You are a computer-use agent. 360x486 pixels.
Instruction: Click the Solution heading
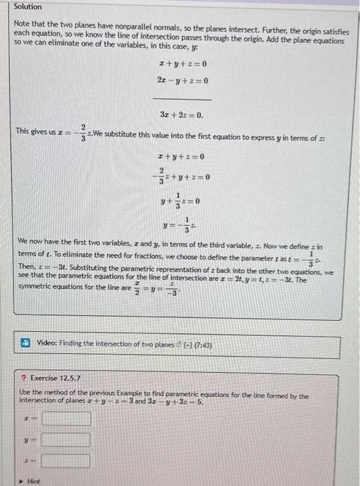click(28, 7)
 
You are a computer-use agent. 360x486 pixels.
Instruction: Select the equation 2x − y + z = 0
click(183, 81)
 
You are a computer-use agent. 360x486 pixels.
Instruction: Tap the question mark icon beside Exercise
click(23, 378)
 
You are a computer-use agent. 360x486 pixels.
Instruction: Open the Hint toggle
click(32, 480)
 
